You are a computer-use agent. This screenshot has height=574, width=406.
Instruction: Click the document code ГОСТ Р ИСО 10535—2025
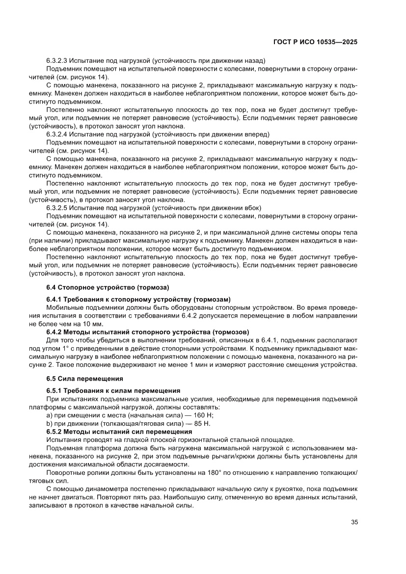click(x=315, y=42)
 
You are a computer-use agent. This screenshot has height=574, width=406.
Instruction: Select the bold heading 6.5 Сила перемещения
click(x=84, y=379)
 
